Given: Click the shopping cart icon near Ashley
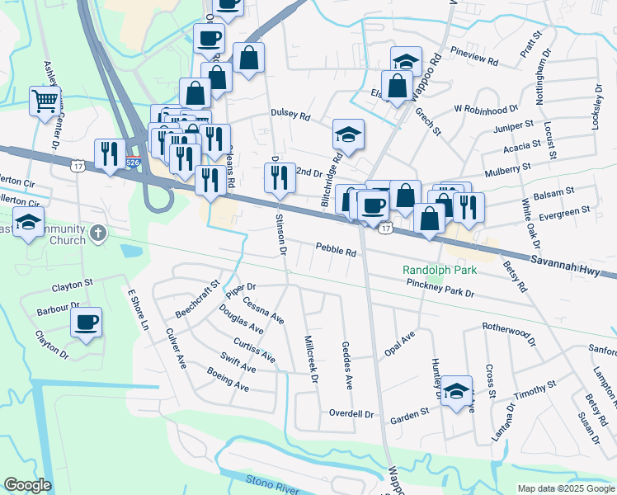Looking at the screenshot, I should (45, 101).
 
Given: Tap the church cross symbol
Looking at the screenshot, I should (98, 233).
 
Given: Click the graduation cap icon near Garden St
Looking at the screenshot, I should (455, 391).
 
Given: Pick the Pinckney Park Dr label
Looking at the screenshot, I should (440, 288).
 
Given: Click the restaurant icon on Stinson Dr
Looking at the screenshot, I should (279, 177).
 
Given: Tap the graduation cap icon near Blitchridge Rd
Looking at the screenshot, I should (348, 134).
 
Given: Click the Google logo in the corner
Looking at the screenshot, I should (27, 485).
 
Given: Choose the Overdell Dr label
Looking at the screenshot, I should (351, 412).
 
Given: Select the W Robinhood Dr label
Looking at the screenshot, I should (486, 107).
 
